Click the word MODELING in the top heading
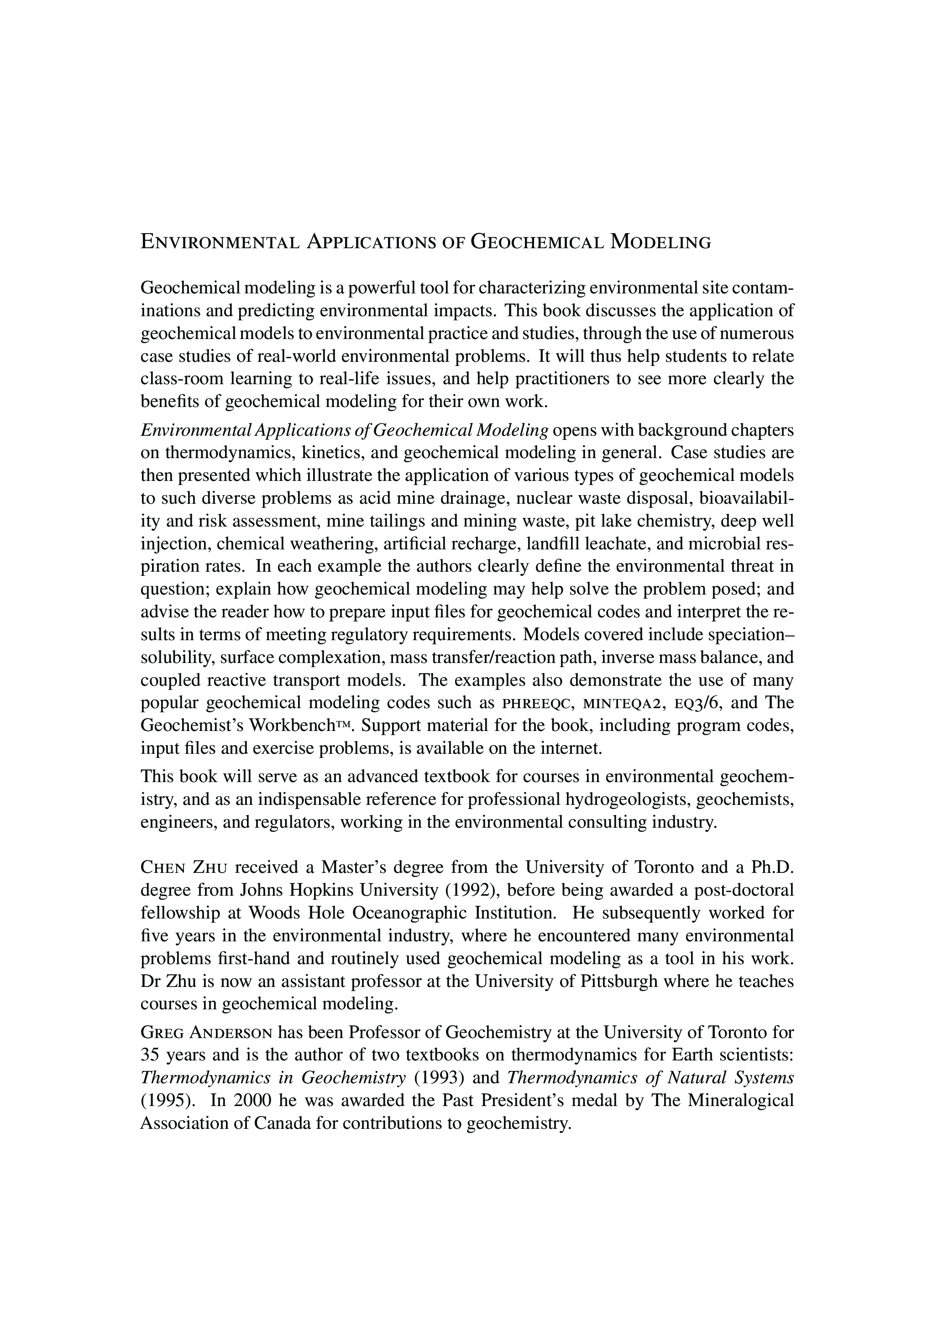coord(660,242)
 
